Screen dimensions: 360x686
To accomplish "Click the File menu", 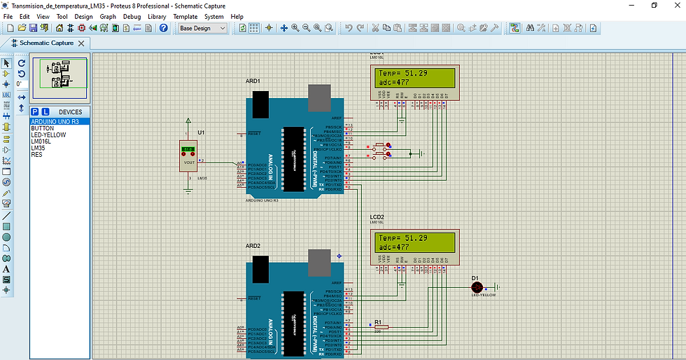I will click(x=8, y=16).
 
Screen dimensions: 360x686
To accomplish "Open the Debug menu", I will click(x=132, y=16).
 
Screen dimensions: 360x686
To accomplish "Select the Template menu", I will click(x=185, y=16).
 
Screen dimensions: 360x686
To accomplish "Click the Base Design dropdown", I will click(x=203, y=28).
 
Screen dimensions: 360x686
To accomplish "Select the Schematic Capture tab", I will click(x=45, y=43).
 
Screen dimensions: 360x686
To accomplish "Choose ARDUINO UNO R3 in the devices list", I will click(x=55, y=121).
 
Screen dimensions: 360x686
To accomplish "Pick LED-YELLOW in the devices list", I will click(x=48, y=134).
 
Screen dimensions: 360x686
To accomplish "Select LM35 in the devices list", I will click(x=38, y=148).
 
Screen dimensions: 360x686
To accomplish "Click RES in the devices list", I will click(x=36, y=154).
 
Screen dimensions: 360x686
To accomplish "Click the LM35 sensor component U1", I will click(x=189, y=157).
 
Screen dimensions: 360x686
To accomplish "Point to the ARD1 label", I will click(x=253, y=81).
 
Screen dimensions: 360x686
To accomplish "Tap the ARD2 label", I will click(x=253, y=247).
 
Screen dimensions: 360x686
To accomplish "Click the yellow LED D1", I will click(x=478, y=287).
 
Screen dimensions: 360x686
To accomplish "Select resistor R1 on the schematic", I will click(x=381, y=326).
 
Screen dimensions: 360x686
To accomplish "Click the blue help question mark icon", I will click(x=164, y=28).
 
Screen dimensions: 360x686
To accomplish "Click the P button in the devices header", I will click(x=35, y=111).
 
